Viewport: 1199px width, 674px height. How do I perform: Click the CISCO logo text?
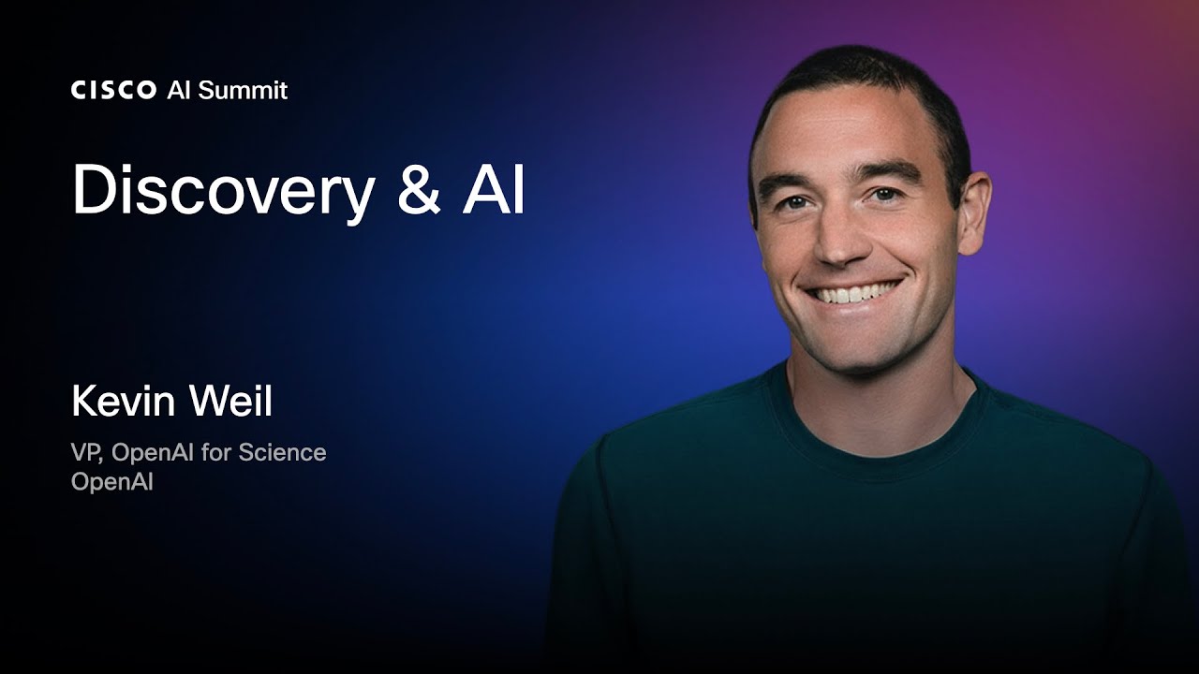click(x=113, y=90)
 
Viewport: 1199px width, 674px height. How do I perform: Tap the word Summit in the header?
click(x=243, y=90)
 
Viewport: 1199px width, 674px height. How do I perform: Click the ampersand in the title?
click(x=419, y=188)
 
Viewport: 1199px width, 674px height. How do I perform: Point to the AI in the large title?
click(x=494, y=188)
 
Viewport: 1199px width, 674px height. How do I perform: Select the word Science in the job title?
click(x=282, y=452)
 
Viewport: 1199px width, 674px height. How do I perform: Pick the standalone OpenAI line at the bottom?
click(x=112, y=482)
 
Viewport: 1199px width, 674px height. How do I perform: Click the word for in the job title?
click(x=215, y=452)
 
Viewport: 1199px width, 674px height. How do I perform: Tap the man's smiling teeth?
click(x=852, y=293)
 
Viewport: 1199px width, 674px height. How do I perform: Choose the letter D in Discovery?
click(x=96, y=189)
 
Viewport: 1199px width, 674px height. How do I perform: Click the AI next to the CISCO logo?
click(x=178, y=91)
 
